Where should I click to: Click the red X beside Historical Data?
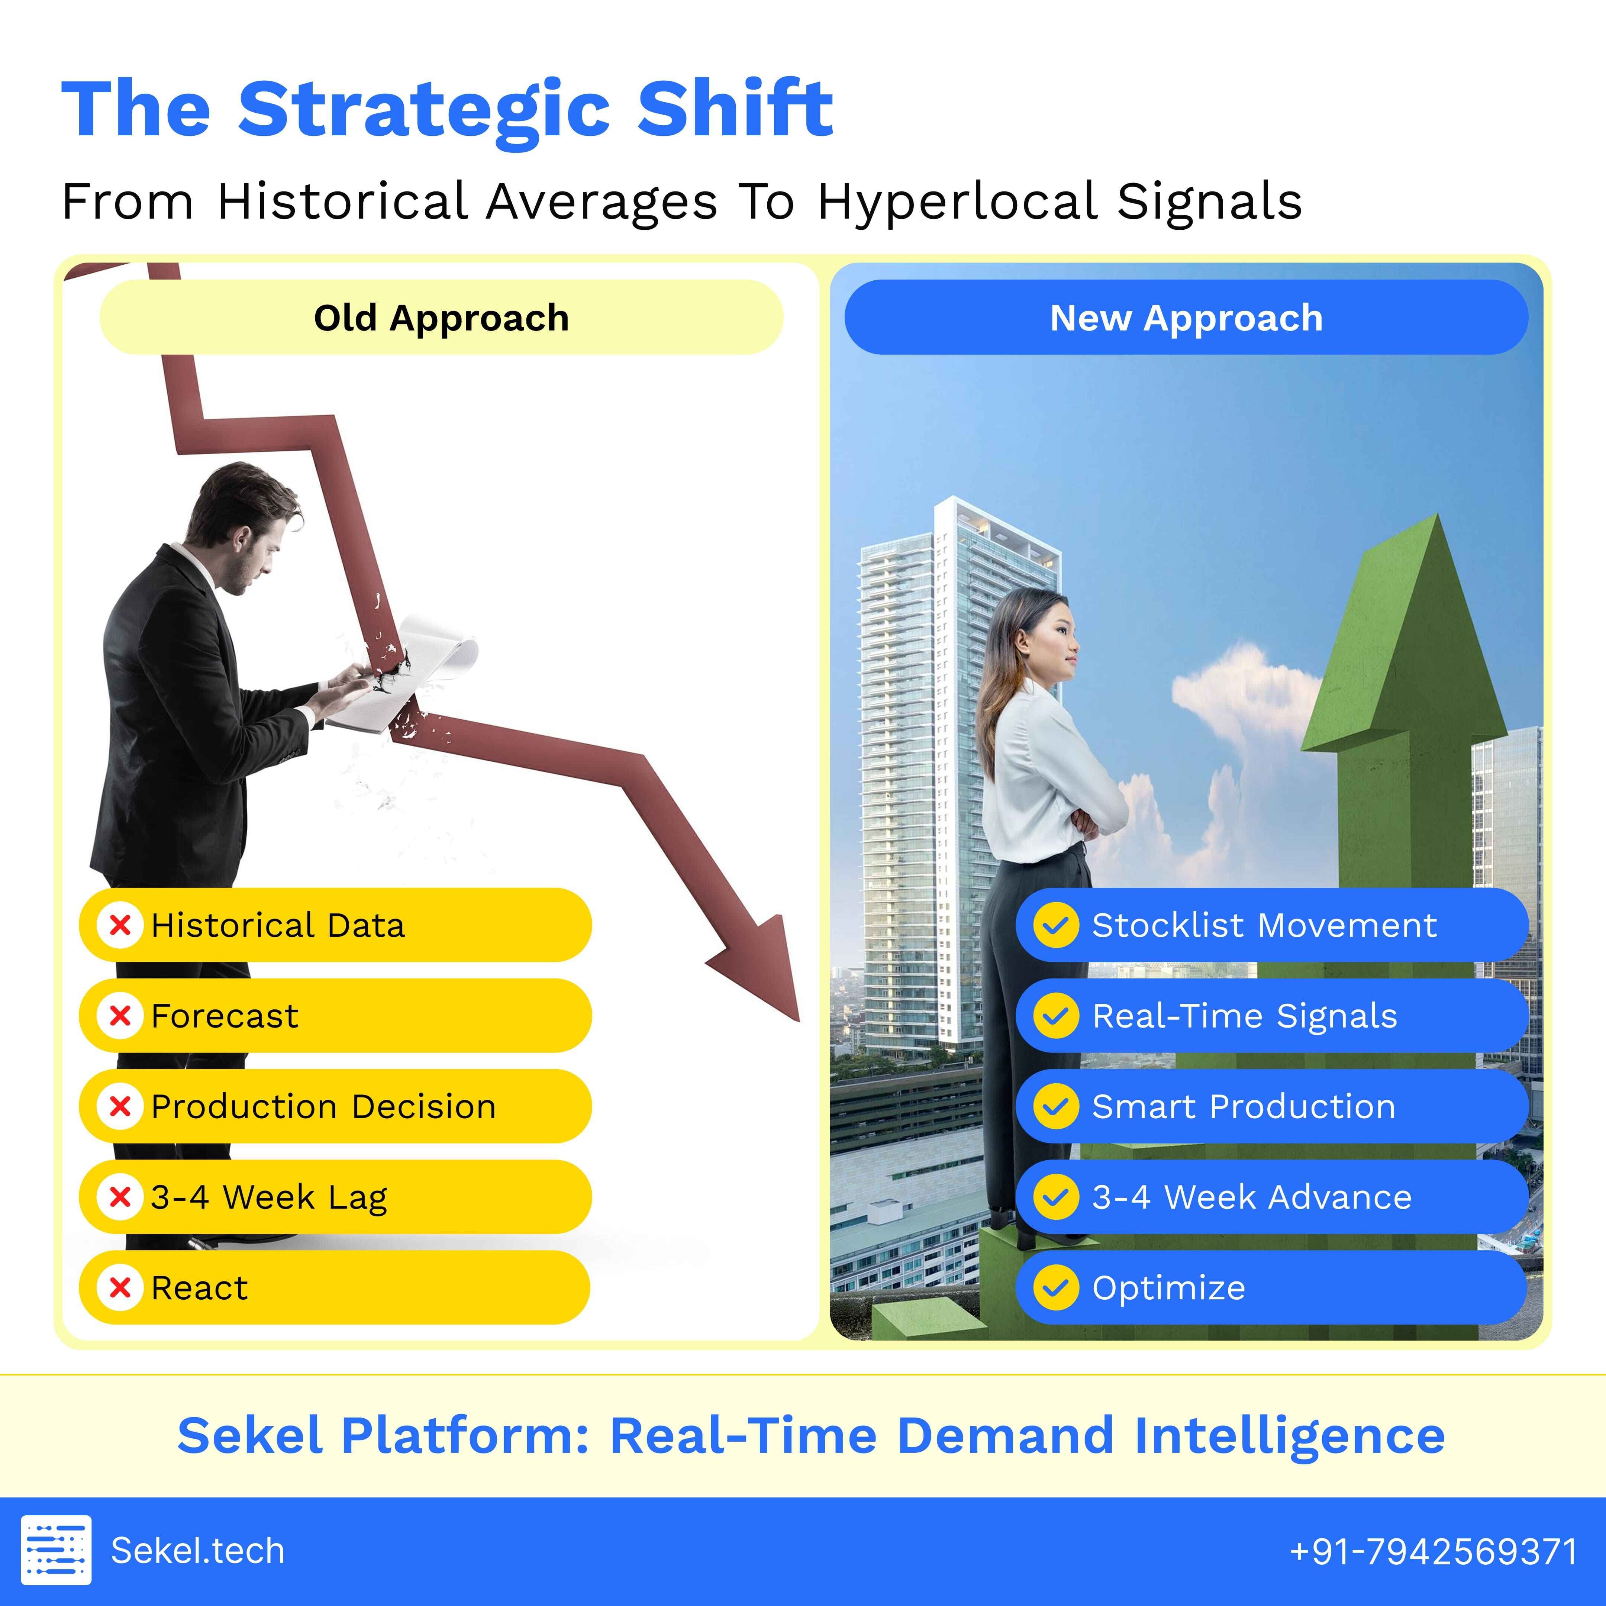[x=120, y=925]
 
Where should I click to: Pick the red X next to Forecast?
[x=120, y=1016]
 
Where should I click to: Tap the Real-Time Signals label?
[x=1244, y=1016]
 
